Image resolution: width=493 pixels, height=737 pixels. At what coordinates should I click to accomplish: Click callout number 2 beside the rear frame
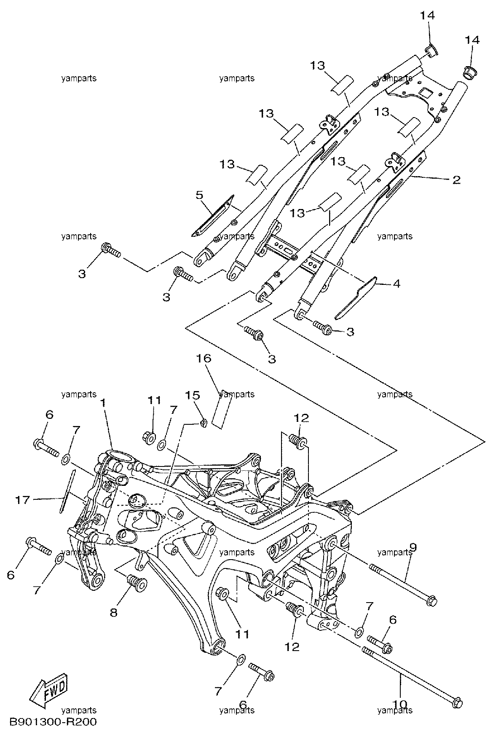[456, 180]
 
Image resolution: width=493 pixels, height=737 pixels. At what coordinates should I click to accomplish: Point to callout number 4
[397, 284]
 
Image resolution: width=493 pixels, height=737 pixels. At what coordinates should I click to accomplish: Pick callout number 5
[199, 195]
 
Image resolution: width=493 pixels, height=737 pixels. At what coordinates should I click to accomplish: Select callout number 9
[413, 548]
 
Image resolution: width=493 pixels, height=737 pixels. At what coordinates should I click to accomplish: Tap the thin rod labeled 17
[67, 491]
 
